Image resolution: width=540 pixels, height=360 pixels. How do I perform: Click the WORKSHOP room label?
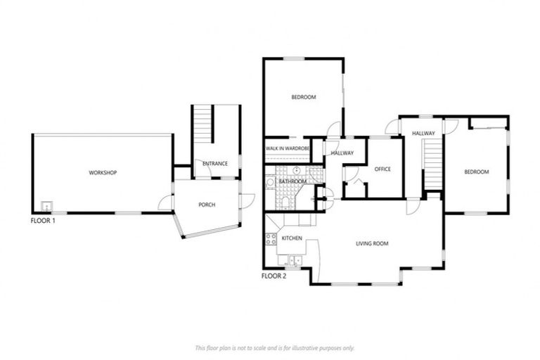[x=102, y=173]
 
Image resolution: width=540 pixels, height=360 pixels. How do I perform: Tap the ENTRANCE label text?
[x=214, y=164]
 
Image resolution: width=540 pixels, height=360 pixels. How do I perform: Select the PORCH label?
[x=207, y=205]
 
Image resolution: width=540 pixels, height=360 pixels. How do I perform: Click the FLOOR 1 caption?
[x=44, y=220]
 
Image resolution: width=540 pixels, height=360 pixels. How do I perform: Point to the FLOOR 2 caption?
[x=274, y=276]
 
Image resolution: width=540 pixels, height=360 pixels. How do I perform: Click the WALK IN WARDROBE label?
[x=288, y=149]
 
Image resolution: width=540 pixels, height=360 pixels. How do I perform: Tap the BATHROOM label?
[x=292, y=181]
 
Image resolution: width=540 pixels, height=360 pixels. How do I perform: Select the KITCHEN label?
[x=292, y=238]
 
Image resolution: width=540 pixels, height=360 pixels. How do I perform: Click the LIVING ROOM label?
[x=371, y=244]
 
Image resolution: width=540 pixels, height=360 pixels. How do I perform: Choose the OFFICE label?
[x=382, y=169]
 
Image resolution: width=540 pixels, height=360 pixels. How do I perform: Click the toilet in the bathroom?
[x=285, y=202]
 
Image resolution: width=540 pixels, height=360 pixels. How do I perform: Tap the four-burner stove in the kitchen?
[x=270, y=239]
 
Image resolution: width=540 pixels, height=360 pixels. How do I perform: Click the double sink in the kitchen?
[x=295, y=261]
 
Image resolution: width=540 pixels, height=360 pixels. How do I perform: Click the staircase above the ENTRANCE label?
[x=203, y=124]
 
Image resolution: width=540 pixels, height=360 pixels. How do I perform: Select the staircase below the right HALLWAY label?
[x=432, y=163]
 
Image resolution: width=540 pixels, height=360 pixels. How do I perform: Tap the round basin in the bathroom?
[x=298, y=171]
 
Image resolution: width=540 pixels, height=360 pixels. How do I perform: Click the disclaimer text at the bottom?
[x=274, y=347]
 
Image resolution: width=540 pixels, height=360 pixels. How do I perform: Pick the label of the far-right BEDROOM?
[x=475, y=172]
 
